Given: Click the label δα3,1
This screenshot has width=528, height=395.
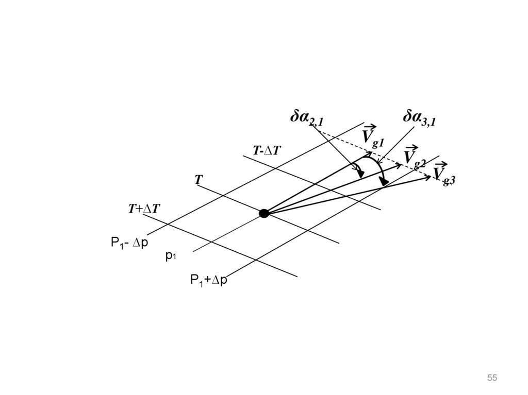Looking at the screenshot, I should [419, 118].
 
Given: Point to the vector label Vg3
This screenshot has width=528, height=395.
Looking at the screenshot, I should [443, 175].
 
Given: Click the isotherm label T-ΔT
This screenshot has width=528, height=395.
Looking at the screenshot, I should [267, 150].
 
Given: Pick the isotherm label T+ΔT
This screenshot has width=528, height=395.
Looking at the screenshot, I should [144, 209].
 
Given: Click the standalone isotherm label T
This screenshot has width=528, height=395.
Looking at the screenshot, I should [199, 180].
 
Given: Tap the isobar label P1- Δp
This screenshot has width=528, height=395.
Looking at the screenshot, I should [129, 243].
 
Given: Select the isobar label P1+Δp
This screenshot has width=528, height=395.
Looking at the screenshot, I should [209, 280].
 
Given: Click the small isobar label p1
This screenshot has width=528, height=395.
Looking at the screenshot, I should [171, 255].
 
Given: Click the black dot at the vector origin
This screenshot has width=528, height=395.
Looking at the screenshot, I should [264, 213].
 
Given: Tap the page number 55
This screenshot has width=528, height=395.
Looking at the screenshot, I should [492, 379].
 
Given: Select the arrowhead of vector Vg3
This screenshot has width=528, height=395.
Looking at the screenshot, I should [427, 178].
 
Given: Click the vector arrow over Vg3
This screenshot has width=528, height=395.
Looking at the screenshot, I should [440, 165].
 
